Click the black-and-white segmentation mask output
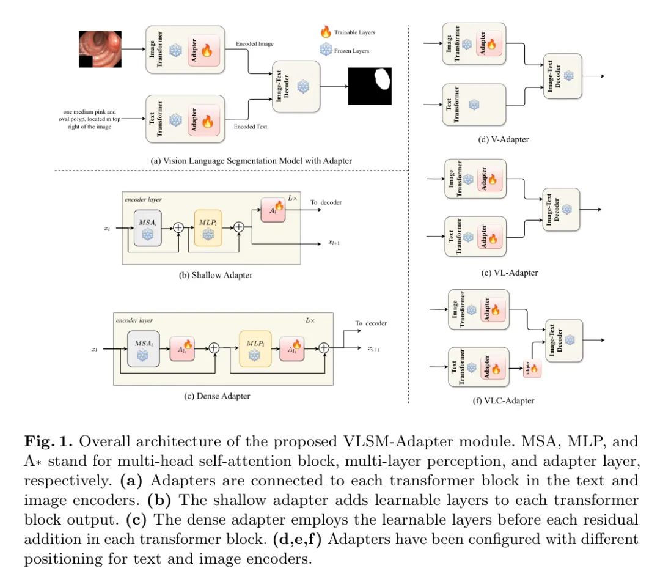click(370, 86)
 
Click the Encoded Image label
click(254, 44)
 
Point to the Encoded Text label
click(251, 127)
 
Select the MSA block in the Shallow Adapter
click(147, 227)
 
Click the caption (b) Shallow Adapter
click(216, 275)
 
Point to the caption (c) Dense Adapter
click(217, 396)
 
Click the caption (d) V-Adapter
click(504, 139)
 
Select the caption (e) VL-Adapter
click(509, 273)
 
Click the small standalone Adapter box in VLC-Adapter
click(532, 370)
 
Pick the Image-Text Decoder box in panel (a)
click(296, 86)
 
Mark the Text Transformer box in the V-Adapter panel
click(474, 105)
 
